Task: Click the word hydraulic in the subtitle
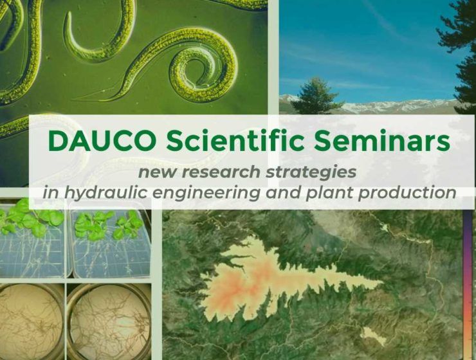click(99, 192)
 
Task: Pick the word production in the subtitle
click(407, 193)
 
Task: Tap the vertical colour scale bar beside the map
click(468, 285)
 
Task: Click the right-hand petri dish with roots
click(109, 321)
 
